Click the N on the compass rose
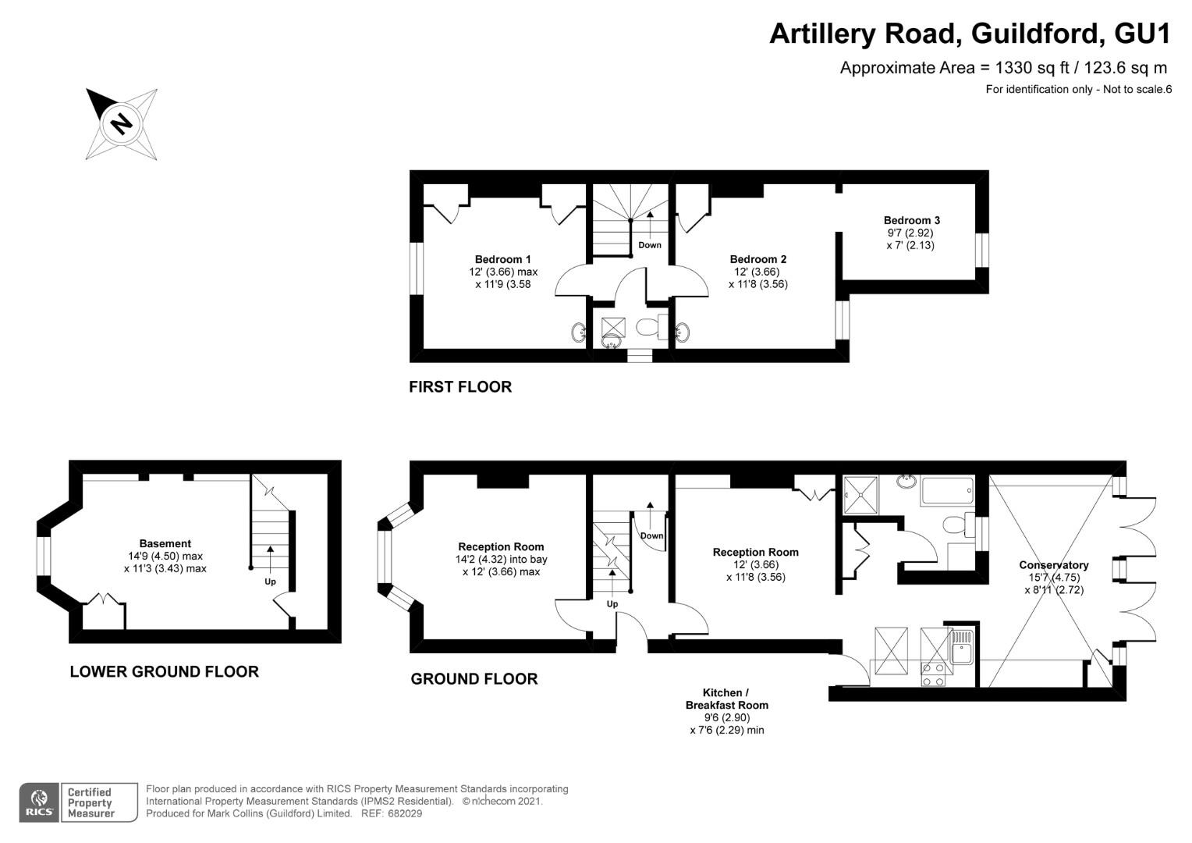pyautogui.click(x=122, y=124)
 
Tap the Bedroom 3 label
pyautogui.click(x=912, y=220)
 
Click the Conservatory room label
pyautogui.click(x=1054, y=565)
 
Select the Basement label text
pyautogui.click(x=165, y=543)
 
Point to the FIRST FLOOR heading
pyautogui.click(x=460, y=386)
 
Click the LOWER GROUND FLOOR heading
pyautogui.click(x=165, y=671)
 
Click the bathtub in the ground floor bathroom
pyautogui.click(x=948, y=491)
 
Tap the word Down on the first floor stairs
pyautogui.click(x=650, y=245)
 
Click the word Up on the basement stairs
pyautogui.click(x=271, y=582)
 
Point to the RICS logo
pyautogui.click(x=39, y=802)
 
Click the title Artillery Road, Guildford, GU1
pyautogui.click(x=970, y=34)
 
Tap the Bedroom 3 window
pyautogui.click(x=982, y=250)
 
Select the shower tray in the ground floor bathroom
pyautogui.click(x=860, y=495)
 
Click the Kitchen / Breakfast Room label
pyautogui.click(x=726, y=699)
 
